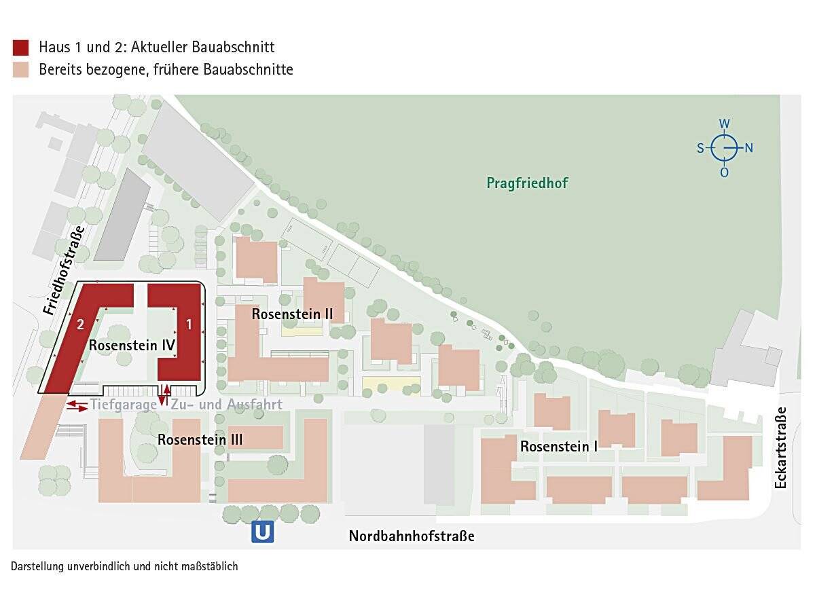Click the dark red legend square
tap(20, 47)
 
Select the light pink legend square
tap(20, 69)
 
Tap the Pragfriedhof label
tap(527, 183)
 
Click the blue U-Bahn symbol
tap(262, 532)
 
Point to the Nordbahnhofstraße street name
tap(412, 536)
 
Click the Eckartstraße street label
tap(780, 447)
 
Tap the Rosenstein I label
tap(560, 447)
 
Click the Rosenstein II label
tap(292, 314)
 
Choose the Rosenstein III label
tap(200, 440)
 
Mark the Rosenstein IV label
tap(132, 346)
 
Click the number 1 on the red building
tap(189, 325)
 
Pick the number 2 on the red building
tap(80, 325)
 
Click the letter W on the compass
tap(725, 124)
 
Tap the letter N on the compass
tap(748, 148)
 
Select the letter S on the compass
tap(700, 148)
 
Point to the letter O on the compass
tap(725, 172)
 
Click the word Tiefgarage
tap(123, 405)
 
